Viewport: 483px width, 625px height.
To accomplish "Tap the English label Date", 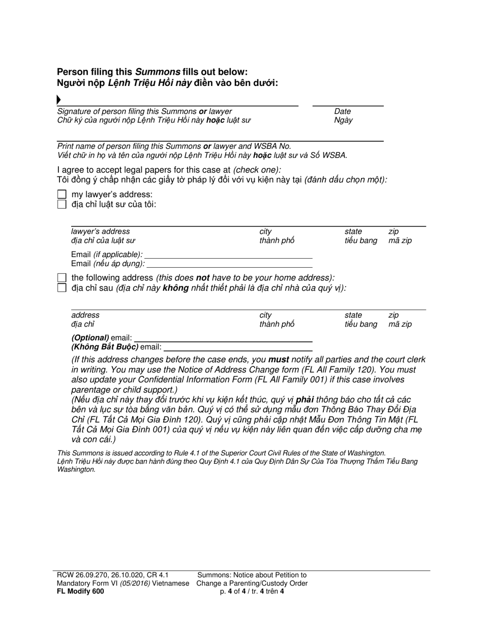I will pyautogui.click(x=342, y=111).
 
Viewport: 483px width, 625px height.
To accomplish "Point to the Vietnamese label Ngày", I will pyautogui.click(x=343, y=120).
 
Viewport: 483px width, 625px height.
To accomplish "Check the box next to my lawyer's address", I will pyautogui.click(x=62, y=195).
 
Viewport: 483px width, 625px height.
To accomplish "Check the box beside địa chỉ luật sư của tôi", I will pyautogui.click(x=62, y=204).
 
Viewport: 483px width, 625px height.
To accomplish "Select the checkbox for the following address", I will pyautogui.click(x=62, y=278).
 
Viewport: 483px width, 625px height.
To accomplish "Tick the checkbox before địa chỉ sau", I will pyautogui.click(x=62, y=288).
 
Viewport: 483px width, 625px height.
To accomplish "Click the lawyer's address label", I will pyautogui.click(x=100, y=231).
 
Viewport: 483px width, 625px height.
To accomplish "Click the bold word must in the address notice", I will pyautogui.click(x=278, y=360).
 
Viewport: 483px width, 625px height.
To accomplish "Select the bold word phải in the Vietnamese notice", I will pyautogui.click(x=304, y=400).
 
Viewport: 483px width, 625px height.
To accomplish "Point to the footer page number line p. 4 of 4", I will pyautogui.click(x=252, y=591).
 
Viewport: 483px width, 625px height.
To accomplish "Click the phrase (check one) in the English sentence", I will pyautogui.click(x=257, y=170).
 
